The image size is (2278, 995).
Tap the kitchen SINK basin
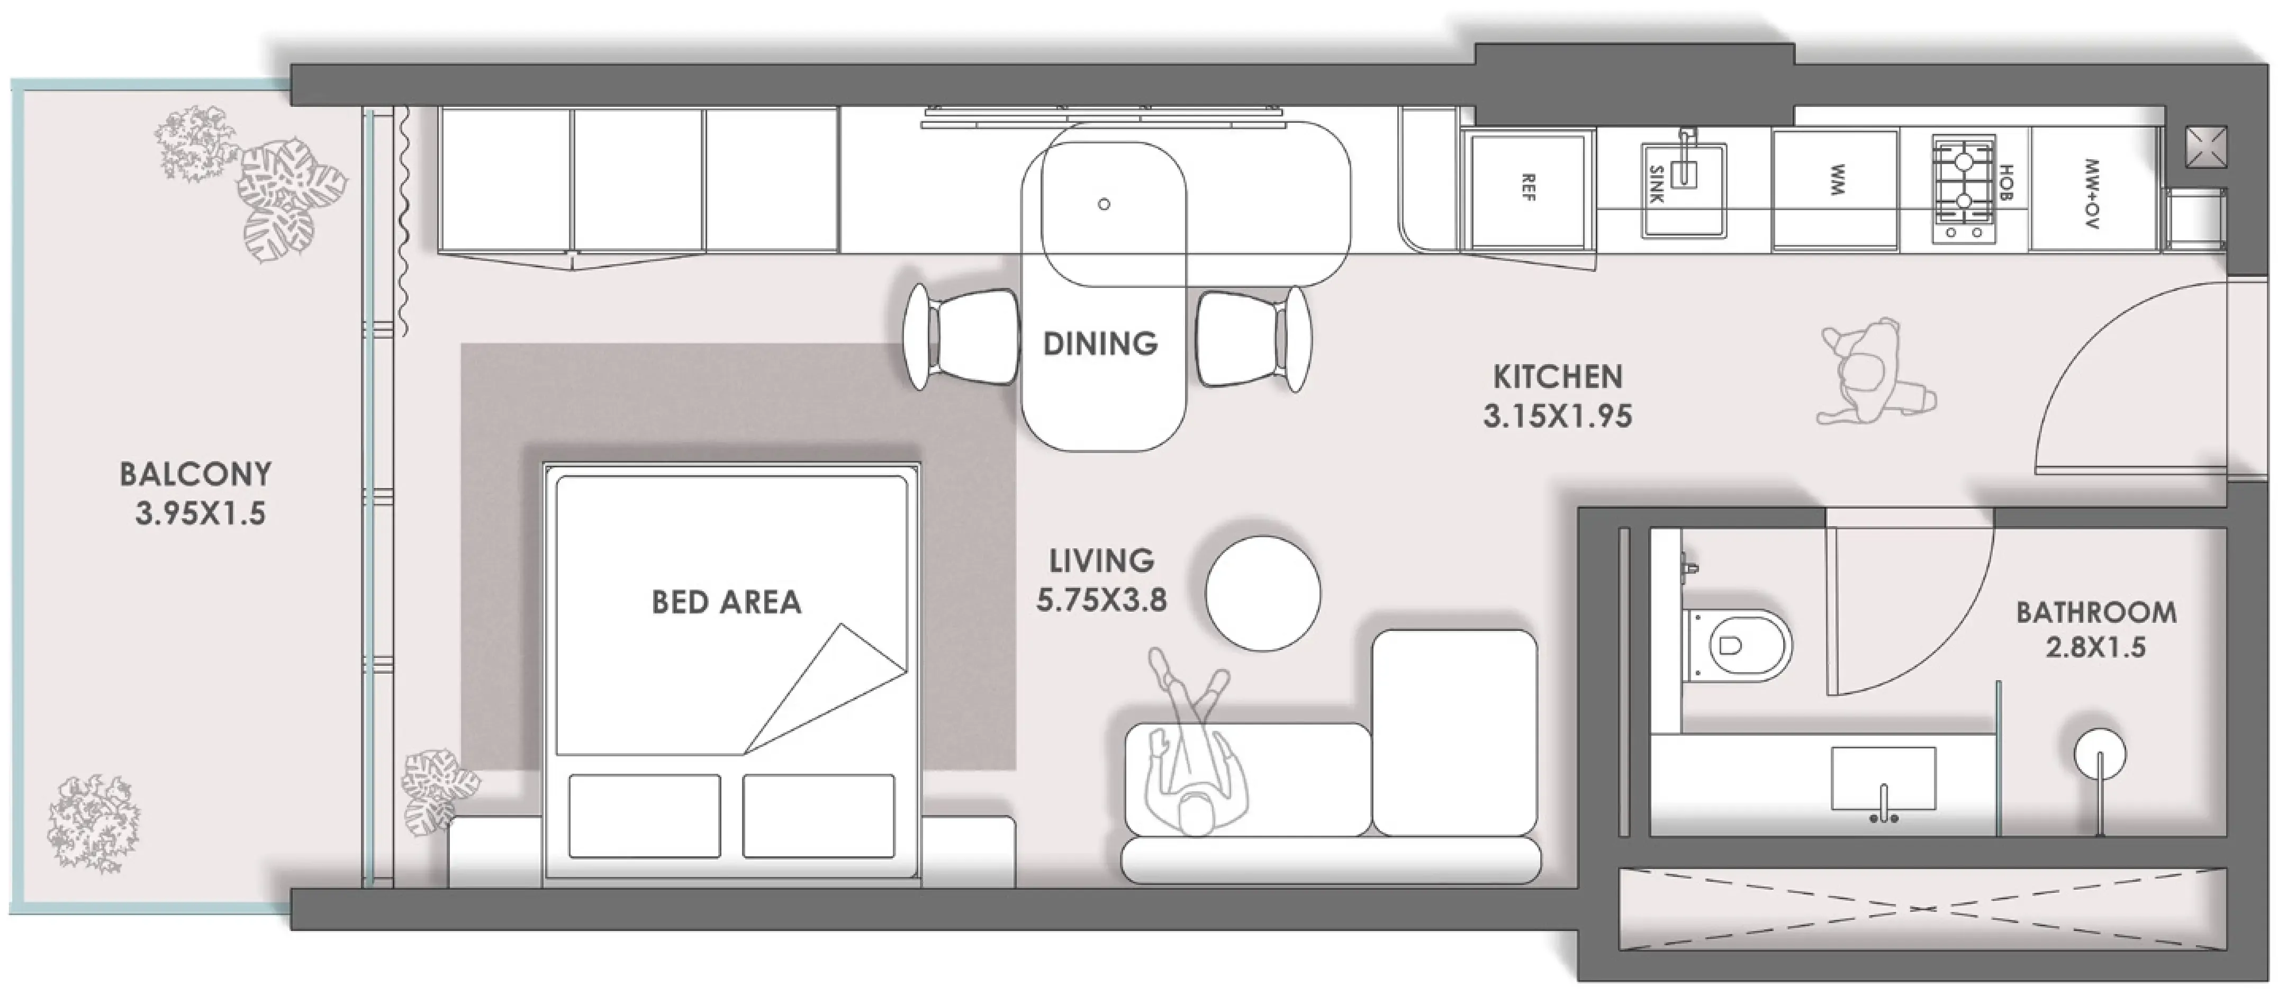[x=1684, y=190]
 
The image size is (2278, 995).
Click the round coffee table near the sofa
[x=1263, y=593]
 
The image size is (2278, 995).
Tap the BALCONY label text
[x=195, y=474]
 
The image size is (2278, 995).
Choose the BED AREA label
[x=726, y=602]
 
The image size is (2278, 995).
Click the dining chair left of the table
[x=962, y=337]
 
